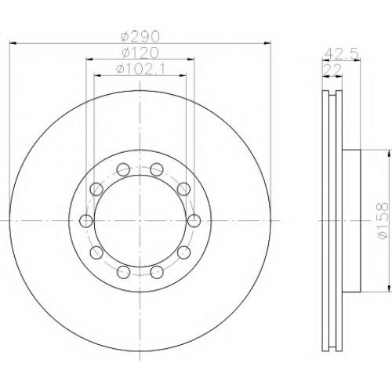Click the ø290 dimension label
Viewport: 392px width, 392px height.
click(140, 37)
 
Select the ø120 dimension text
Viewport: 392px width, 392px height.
click(140, 53)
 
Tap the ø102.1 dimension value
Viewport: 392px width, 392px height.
click(140, 70)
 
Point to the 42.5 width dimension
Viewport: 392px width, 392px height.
click(342, 55)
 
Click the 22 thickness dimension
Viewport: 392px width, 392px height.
click(332, 70)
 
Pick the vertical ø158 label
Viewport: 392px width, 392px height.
click(383, 221)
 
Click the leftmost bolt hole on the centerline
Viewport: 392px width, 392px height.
click(86, 221)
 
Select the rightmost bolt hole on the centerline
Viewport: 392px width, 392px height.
click(194, 221)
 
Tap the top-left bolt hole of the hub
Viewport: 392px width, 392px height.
click(123, 169)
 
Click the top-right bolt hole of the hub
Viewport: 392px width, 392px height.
click(157, 169)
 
